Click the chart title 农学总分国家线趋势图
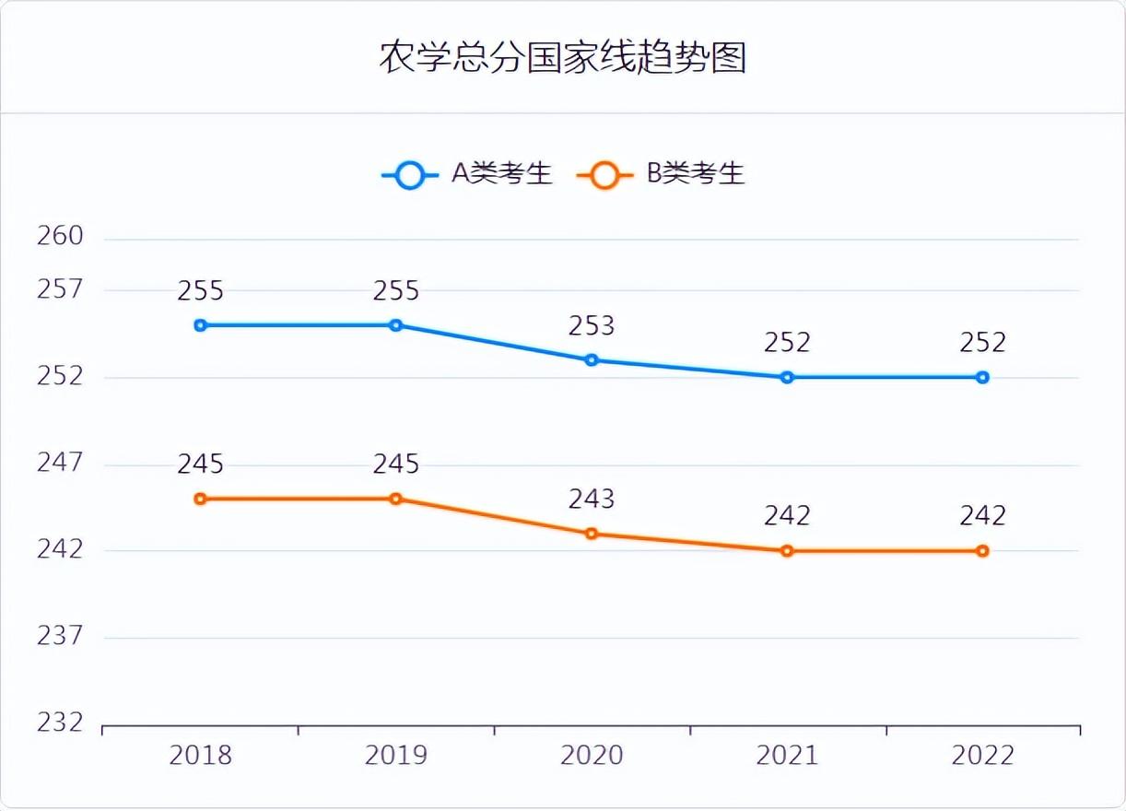pos(562,58)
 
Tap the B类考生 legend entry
pos(661,174)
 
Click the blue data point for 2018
pos(200,325)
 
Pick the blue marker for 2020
pos(592,359)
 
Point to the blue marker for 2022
pos(983,377)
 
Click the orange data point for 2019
pos(395,499)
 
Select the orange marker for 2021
pos(787,551)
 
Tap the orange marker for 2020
pos(592,534)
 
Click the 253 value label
pos(592,325)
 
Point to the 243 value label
pos(592,499)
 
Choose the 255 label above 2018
pos(200,291)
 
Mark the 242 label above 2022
pos(983,516)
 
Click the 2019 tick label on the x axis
pos(395,756)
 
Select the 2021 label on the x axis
pos(787,756)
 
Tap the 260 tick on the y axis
pos(60,236)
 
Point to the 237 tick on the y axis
pos(60,636)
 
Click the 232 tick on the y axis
pos(60,723)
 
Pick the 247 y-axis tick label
pos(60,462)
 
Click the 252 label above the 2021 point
pos(787,343)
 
